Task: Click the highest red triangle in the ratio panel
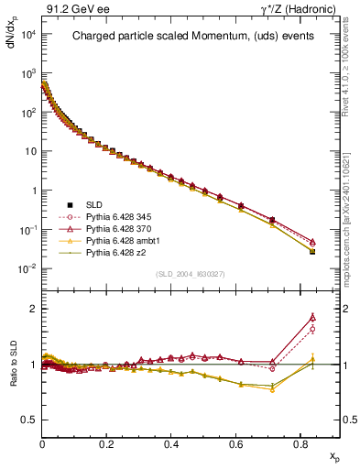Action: pyautogui.click(x=312, y=317)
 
